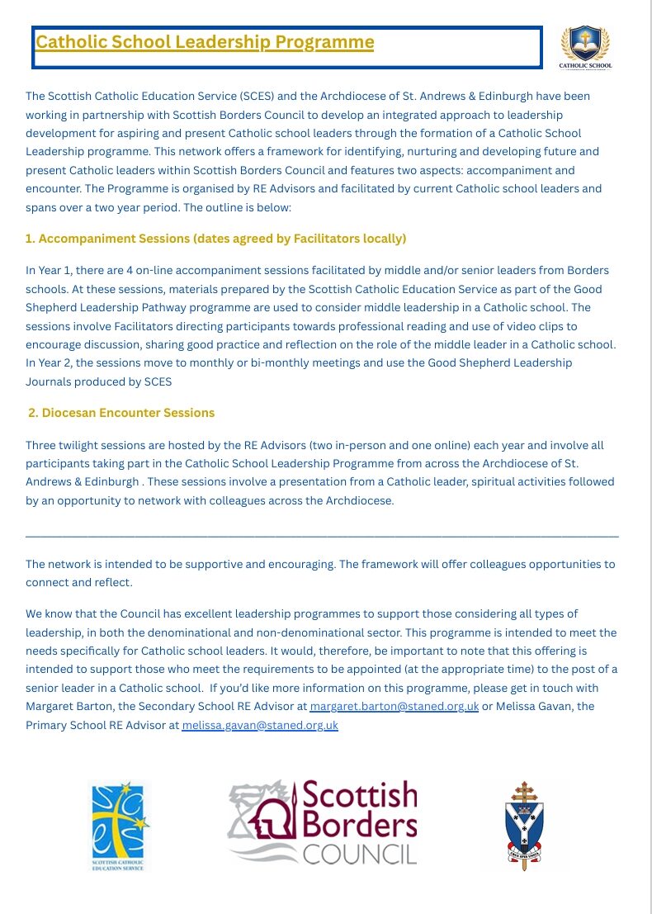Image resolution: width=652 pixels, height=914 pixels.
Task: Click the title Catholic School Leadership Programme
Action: [x=205, y=42]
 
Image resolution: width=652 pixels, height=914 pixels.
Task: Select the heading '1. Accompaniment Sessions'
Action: [x=215, y=239]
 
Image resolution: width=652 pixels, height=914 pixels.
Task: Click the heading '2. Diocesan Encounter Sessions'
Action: [x=121, y=413]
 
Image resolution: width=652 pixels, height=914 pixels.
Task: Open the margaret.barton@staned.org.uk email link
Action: [x=394, y=707]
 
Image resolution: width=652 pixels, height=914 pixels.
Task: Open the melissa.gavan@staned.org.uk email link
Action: [x=260, y=726]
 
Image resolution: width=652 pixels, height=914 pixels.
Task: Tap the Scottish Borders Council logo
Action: [x=322, y=823]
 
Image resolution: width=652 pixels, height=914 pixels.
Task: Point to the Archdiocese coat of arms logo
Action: [x=524, y=826]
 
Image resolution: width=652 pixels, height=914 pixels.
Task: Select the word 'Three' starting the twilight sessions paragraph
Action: [x=41, y=445]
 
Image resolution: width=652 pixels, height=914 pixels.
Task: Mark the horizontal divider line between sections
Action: [x=322, y=536]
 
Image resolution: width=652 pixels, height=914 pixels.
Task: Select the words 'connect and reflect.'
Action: [x=78, y=582]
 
